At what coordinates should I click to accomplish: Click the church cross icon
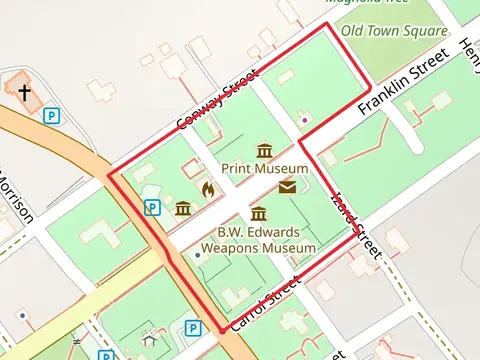coord(24,92)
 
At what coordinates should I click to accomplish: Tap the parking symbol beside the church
coord(51,116)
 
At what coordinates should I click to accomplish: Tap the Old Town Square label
coord(394,31)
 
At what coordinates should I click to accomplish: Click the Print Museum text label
coord(265,169)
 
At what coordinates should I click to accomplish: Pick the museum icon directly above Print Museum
coord(265,151)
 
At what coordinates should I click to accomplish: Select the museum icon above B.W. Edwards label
coord(259,214)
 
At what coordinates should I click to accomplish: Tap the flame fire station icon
coord(208,188)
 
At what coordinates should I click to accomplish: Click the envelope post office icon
coord(288,186)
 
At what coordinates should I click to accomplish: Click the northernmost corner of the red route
coord(324,28)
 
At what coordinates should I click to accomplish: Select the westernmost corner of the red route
coord(109,176)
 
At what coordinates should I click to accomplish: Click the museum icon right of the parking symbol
coord(183,208)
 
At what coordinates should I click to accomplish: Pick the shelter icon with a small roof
coord(149,340)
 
